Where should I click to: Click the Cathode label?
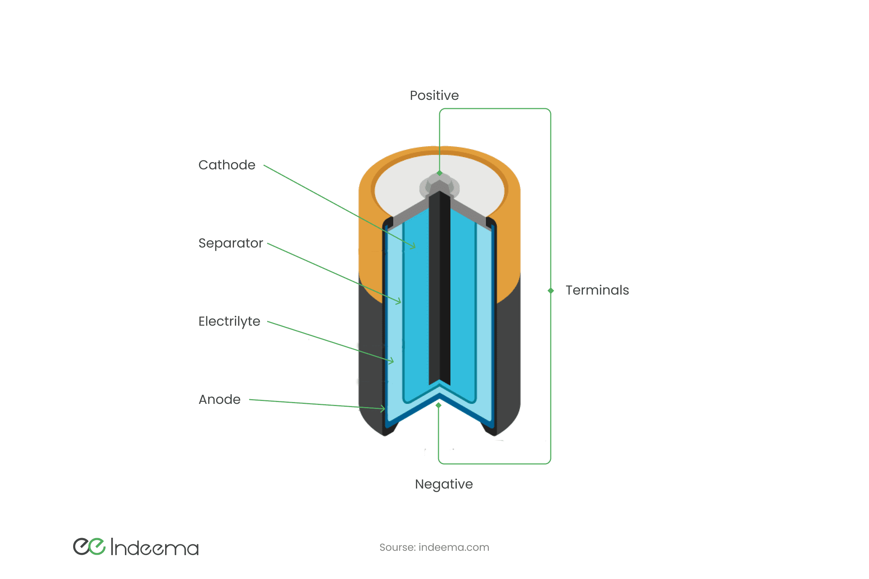[227, 165]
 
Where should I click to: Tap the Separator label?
[231, 243]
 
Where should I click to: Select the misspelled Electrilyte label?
[229, 322]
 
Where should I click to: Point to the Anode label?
[219, 400]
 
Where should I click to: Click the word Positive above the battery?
[434, 96]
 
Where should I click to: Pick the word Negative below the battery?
[444, 484]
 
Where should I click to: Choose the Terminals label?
[597, 290]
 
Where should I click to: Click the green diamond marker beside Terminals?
[550, 291]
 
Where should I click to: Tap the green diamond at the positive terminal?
[439, 173]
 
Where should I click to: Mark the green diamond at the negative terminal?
[438, 405]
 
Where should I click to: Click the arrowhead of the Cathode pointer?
[414, 246]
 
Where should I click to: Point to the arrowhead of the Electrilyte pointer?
[392, 361]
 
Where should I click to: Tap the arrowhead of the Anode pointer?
[383, 409]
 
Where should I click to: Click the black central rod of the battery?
[439, 288]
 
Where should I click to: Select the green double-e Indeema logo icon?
[89, 546]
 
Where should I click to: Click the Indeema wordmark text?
[155, 547]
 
